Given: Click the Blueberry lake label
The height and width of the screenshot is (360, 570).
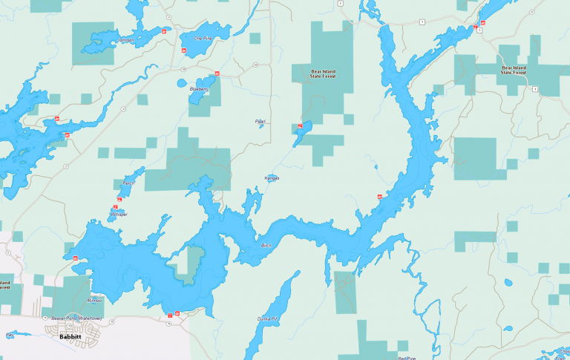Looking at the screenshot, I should click(198, 90).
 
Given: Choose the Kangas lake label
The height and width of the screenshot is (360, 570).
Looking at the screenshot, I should click(272, 178).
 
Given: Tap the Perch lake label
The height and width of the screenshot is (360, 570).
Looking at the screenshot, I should click(128, 183).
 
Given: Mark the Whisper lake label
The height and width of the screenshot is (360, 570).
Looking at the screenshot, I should click(119, 215).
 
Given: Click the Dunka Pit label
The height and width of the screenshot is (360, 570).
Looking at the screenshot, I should click(269, 318).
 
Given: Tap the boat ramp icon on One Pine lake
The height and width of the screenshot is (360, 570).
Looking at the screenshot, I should click(183, 50).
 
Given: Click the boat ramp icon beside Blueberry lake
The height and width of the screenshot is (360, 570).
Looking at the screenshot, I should click(217, 73).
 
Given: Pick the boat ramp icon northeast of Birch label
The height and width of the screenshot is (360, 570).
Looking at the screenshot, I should click(379, 196).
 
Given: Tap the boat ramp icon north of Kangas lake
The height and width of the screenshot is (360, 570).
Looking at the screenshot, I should click(299, 126).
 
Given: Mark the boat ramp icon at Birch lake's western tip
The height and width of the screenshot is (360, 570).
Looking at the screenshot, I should click(75, 257).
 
